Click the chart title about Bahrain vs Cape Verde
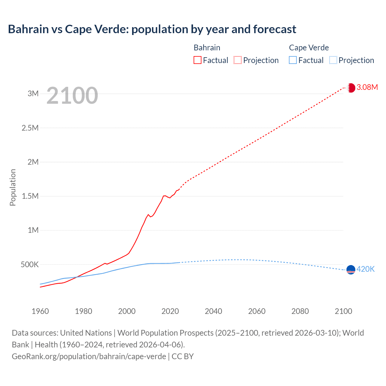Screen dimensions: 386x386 pyautogui.click(x=152, y=29)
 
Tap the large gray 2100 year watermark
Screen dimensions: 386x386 pyautogui.click(x=72, y=96)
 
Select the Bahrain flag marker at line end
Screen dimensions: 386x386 pyautogui.click(x=351, y=88)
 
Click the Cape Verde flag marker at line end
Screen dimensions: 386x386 pyautogui.click(x=351, y=270)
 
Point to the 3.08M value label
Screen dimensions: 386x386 pyautogui.click(x=367, y=87)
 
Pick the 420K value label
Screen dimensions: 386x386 pyautogui.click(x=365, y=269)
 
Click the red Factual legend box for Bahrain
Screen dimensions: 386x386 pyautogui.click(x=198, y=60)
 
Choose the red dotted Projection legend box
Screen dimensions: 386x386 pyautogui.click(x=238, y=60)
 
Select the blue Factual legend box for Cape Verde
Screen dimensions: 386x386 pyautogui.click(x=293, y=60)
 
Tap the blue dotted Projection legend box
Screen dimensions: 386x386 pyautogui.click(x=333, y=60)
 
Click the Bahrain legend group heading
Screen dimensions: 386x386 pyautogui.click(x=207, y=48)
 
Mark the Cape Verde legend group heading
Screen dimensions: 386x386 pyautogui.click(x=309, y=48)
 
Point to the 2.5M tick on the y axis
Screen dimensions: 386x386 pyautogui.click(x=30, y=128)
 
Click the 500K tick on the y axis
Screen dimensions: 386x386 pyautogui.click(x=30, y=265)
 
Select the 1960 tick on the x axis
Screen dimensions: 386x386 pyautogui.click(x=40, y=311)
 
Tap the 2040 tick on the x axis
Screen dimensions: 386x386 pyautogui.click(x=214, y=311)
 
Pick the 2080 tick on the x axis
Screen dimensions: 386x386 pyautogui.click(x=300, y=311)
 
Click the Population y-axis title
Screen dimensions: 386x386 pyautogui.click(x=13, y=187)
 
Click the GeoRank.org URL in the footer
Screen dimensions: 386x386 pyautogui.click(x=89, y=356)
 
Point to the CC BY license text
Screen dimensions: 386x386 pyautogui.click(x=183, y=356)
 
